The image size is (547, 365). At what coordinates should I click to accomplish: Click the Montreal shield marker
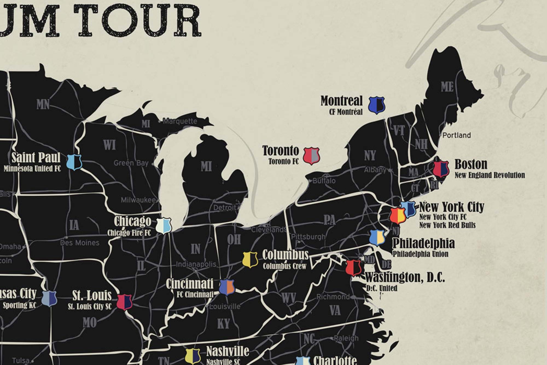point(377,105)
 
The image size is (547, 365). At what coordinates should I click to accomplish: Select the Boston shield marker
point(441,169)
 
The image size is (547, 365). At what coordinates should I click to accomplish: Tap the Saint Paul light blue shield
point(74,162)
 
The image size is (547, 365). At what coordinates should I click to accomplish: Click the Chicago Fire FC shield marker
point(163,226)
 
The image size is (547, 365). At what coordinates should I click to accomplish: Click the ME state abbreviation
point(447,87)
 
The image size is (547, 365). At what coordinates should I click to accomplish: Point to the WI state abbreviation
point(109,145)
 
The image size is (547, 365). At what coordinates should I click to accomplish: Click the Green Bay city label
point(131,163)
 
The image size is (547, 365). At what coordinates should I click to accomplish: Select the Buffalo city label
point(324,181)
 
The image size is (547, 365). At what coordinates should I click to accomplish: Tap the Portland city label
point(456,135)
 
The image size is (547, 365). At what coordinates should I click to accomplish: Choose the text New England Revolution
point(490,175)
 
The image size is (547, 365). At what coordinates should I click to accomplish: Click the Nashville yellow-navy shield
point(193,356)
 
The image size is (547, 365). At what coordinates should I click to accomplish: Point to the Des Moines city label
point(80,243)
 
